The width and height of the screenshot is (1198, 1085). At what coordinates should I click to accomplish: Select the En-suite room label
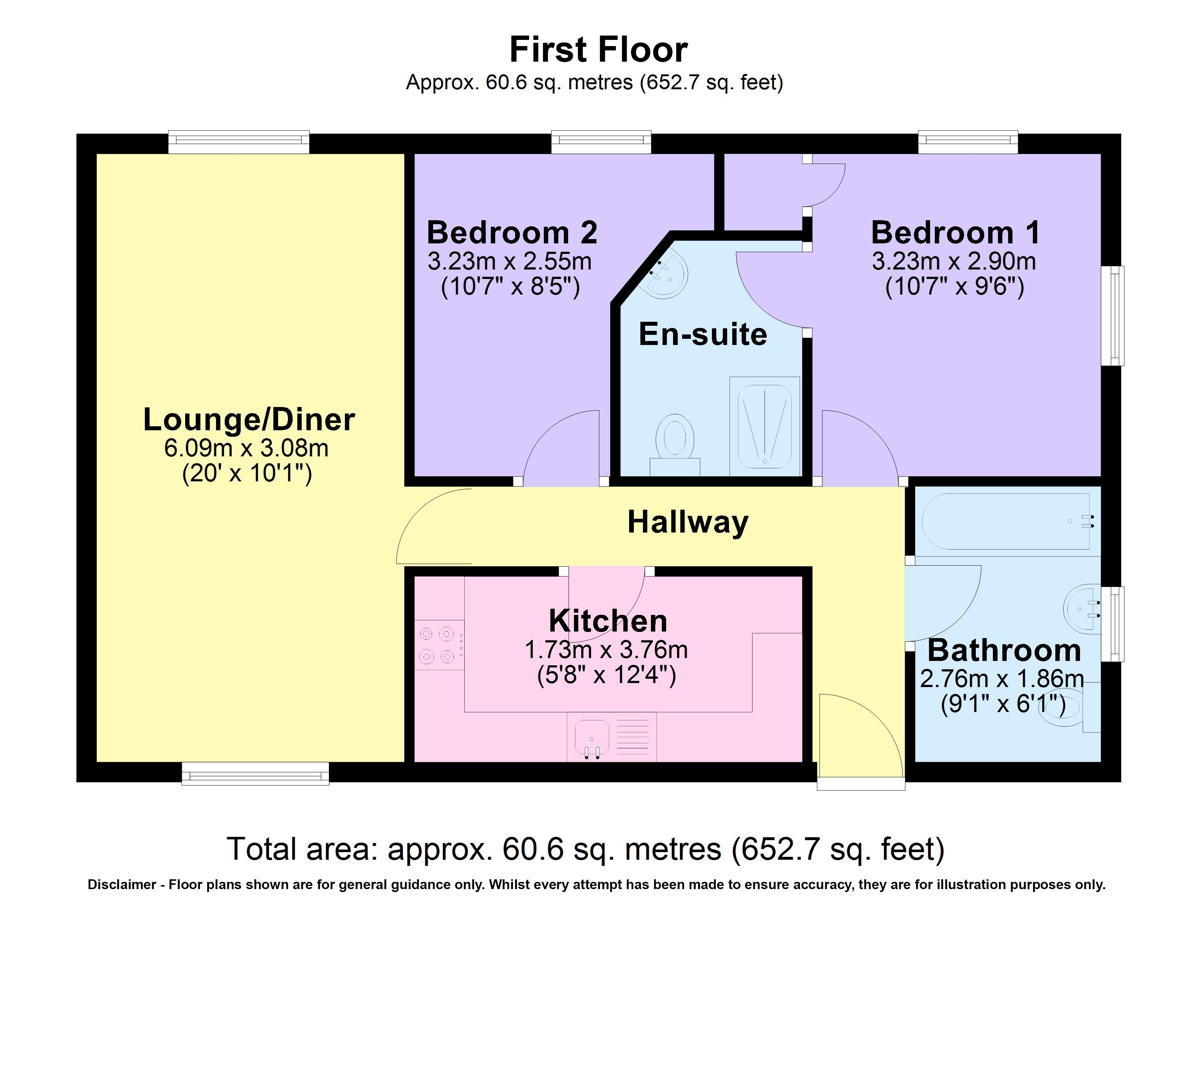click(x=703, y=334)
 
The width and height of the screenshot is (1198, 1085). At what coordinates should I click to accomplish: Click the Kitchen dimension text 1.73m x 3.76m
click(x=606, y=650)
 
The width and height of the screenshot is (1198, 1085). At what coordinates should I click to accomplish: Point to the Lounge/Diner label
click(x=249, y=420)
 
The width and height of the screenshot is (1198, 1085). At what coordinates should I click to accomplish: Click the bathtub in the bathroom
click(x=1008, y=521)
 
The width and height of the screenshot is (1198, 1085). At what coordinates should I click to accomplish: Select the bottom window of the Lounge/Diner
click(x=256, y=774)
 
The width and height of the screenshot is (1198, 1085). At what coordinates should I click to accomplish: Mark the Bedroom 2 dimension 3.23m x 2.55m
click(x=510, y=261)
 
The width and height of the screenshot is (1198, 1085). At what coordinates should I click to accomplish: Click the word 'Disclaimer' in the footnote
click(x=122, y=885)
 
